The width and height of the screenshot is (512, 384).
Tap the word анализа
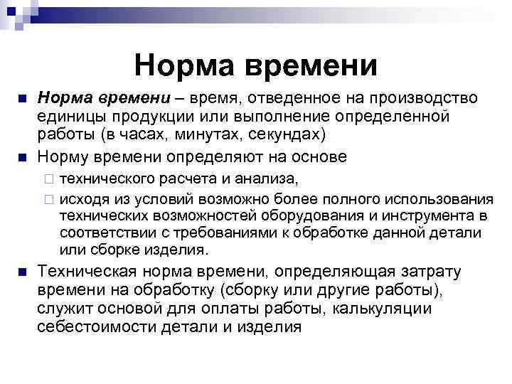click(x=271, y=176)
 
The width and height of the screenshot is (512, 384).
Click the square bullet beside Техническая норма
click(x=21, y=272)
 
